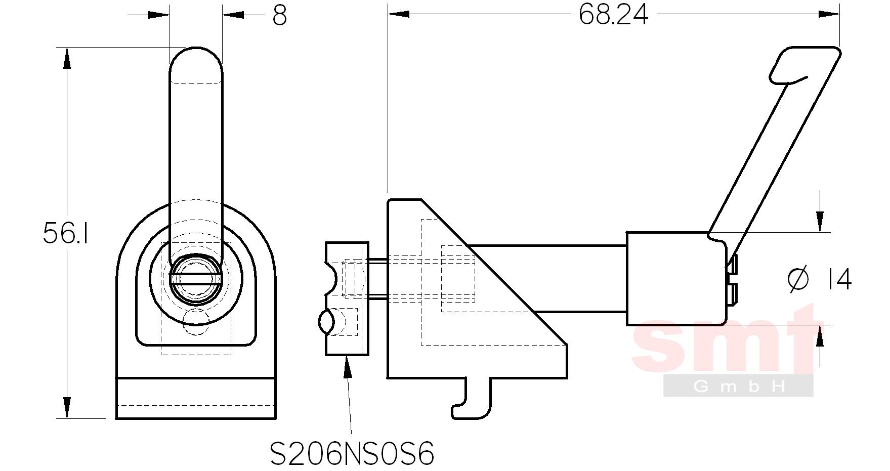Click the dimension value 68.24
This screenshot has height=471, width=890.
tap(613, 15)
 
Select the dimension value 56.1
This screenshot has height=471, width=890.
tap(66, 233)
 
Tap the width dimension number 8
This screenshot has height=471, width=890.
tap(279, 16)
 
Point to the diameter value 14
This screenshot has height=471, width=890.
tap(839, 280)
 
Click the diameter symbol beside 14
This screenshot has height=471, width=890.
tap(798, 280)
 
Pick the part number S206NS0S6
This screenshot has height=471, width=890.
tap(352, 454)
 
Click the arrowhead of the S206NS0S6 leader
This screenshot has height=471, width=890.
tap(347, 367)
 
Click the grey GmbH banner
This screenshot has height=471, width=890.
tap(738, 386)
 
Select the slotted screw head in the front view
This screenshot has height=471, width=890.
tap(195, 279)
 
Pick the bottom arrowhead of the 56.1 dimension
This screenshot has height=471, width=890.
tap(66, 408)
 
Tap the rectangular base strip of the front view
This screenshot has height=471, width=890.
tap(196, 398)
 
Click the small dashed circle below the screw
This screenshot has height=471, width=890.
tap(195, 322)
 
